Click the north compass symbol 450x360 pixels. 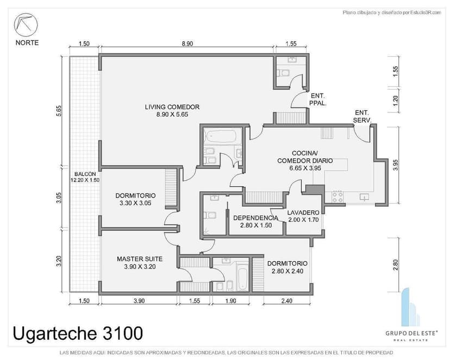26,25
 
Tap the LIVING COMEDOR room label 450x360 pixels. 172,110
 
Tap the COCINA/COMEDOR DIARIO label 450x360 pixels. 304,161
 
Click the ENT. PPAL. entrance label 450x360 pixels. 317,99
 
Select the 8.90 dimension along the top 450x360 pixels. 186,44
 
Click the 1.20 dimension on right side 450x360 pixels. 396,100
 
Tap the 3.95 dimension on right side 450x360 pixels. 396,165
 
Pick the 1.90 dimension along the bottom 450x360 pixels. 230,301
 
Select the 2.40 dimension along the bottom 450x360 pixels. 286,301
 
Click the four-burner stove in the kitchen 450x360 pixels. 337,196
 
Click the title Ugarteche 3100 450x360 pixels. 78,331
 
